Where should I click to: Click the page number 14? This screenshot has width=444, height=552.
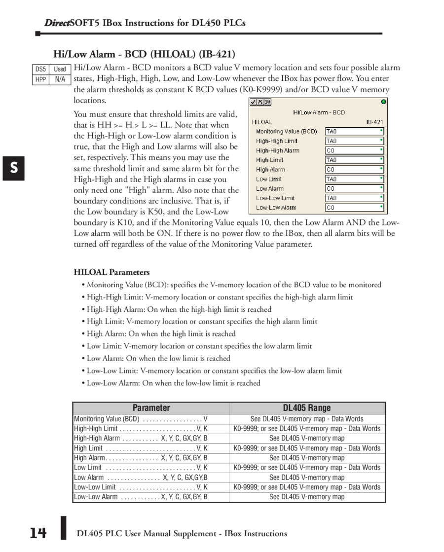click(x=37, y=533)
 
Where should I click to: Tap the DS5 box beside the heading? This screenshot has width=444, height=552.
click(x=40, y=69)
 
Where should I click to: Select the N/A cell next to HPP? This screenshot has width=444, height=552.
click(x=60, y=79)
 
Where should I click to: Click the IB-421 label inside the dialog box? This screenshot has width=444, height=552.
click(x=374, y=122)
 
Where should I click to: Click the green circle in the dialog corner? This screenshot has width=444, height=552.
click(x=383, y=102)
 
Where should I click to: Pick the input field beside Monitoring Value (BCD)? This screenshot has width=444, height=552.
click(x=354, y=132)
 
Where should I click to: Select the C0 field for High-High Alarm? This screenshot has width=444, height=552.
click(x=354, y=150)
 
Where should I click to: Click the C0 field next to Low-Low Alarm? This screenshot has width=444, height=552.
click(x=354, y=208)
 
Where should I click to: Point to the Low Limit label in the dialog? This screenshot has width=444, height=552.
click(x=269, y=179)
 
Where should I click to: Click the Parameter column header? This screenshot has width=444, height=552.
click(x=151, y=408)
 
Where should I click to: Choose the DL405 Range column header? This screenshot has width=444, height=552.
click(x=307, y=408)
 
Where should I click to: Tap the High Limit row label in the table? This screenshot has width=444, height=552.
click(x=88, y=448)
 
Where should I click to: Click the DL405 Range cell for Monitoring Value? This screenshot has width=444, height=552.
click(x=307, y=419)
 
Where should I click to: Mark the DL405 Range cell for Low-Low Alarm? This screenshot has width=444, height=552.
click(x=307, y=497)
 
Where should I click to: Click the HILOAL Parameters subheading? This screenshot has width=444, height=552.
click(x=111, y=272)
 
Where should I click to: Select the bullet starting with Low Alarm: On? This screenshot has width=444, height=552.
click(x=158, y=359)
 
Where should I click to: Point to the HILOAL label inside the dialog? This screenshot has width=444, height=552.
click(x=262, y=122)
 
